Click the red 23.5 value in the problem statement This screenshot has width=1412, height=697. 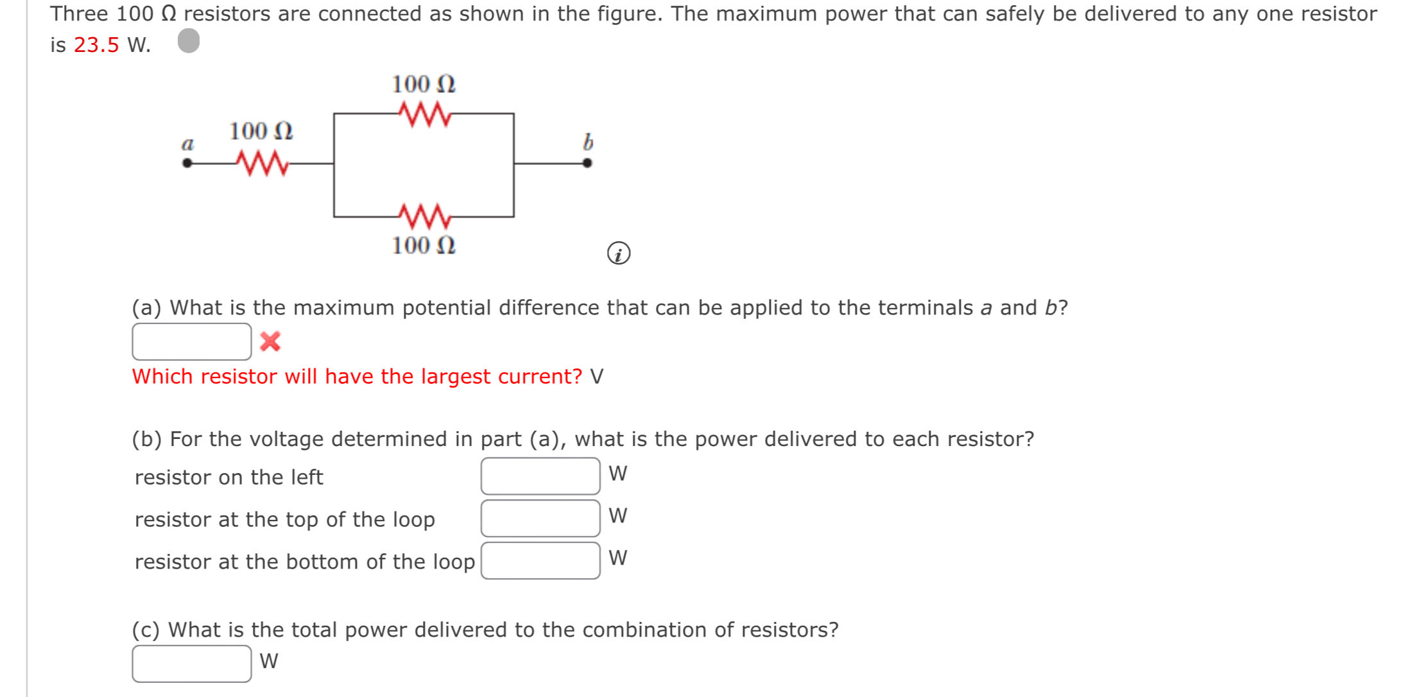(x=96, y=45)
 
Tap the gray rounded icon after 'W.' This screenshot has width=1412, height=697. (x=189, y=41)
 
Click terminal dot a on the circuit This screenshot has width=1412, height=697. (x=187, y=163)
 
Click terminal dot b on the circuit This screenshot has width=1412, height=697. (x=587, y=163)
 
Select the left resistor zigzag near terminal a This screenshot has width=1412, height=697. (x=262, y=162)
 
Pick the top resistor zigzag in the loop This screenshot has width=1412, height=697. (x=424, y=114)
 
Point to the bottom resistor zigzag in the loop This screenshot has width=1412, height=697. (x=424, y=216)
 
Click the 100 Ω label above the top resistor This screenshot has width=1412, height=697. (x=424, y=84)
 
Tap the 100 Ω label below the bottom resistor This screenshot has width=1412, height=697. (x=424, y=245)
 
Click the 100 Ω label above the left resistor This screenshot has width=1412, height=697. (x=261, y=132)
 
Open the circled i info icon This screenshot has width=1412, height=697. (x=619, y=254)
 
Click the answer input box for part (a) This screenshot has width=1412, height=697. (x=191, y=341)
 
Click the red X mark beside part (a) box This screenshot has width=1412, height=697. (x=270, y=341)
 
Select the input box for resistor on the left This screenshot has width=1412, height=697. (x=540, y=476)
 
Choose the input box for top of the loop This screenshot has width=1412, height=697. (x=540, y=519)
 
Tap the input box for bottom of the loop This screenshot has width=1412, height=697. (x=540, y=561)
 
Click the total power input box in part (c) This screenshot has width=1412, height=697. (x=191, y=664)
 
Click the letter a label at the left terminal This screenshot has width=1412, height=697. (x=187, y=144)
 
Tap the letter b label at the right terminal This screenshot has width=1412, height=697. (x=588, y=142)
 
